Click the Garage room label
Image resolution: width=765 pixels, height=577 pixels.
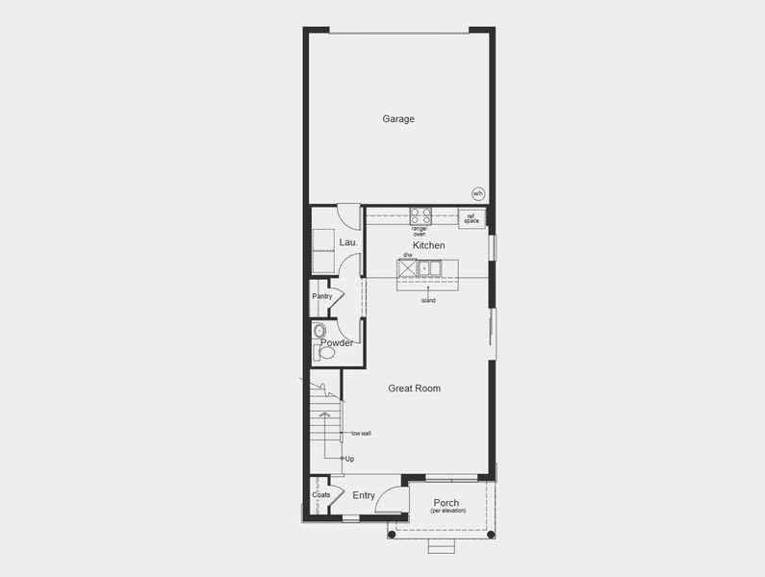point(398,119)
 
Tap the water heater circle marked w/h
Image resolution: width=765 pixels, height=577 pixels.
point(477,193)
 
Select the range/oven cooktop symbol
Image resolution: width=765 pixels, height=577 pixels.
point(421,216)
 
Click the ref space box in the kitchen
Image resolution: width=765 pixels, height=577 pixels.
point(472,218)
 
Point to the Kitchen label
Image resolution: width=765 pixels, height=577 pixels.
point(429,246)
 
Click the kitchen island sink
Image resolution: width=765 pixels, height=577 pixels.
point(429,267)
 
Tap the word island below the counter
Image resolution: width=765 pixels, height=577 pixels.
point(428,301)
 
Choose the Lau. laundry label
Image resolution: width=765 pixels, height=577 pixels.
point(348,242)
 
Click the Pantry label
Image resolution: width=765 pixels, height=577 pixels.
point(322,296)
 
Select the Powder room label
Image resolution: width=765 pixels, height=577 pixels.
point(337,343)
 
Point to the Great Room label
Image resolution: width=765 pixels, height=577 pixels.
point(415,389)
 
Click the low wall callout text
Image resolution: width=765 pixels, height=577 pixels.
point(361,433)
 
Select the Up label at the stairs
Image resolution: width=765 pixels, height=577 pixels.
point(349,459)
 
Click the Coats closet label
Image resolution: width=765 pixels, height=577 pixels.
point(321,495)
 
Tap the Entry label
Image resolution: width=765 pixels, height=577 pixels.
point(364,495)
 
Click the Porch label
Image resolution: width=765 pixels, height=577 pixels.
point(446,503)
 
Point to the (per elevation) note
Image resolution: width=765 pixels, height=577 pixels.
point(447,511)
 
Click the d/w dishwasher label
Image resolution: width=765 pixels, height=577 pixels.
point(408,256)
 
